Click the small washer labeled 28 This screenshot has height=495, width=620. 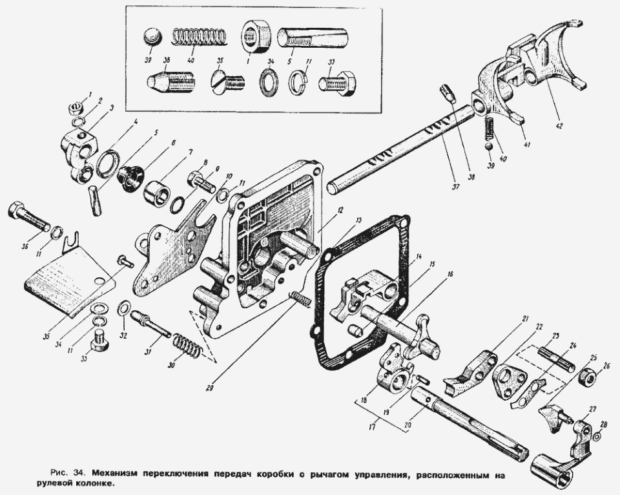pyautogui.click(x=595, y=437)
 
